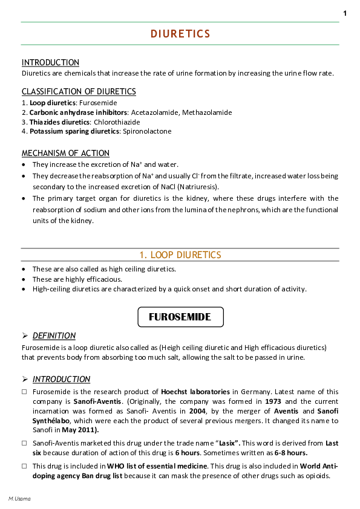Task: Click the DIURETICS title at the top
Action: tap(180, 34)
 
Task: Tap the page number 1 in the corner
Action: tap(345, 13)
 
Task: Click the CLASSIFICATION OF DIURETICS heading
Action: tap(79, 92)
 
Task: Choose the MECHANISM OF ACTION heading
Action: tap(65, 154)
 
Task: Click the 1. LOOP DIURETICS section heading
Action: tap(180, 255)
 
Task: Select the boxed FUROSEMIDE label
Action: tap(180, 317)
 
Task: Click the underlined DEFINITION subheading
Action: tap(54, 336)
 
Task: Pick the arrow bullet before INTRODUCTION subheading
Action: tap(25, 380)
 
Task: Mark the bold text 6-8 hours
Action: tap(288, 453)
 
